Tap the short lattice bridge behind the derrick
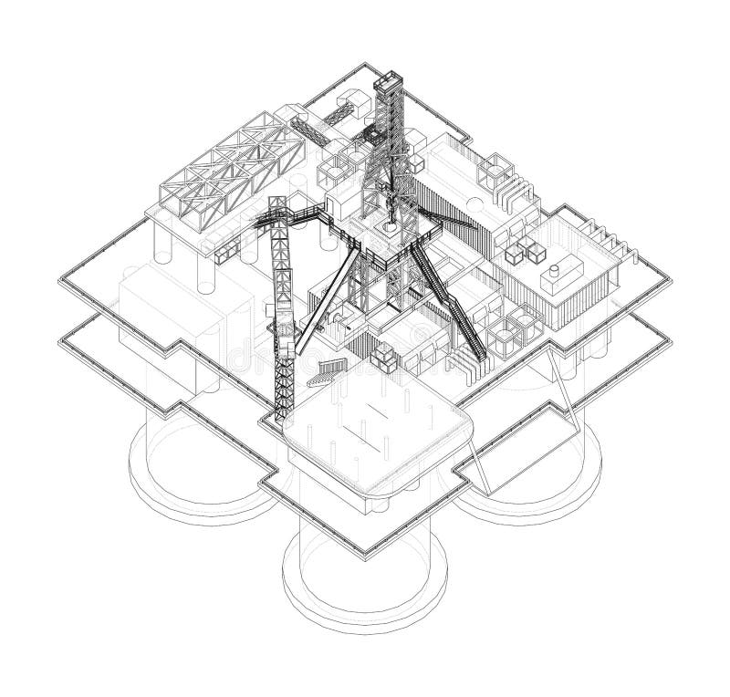(x=337, y=119)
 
